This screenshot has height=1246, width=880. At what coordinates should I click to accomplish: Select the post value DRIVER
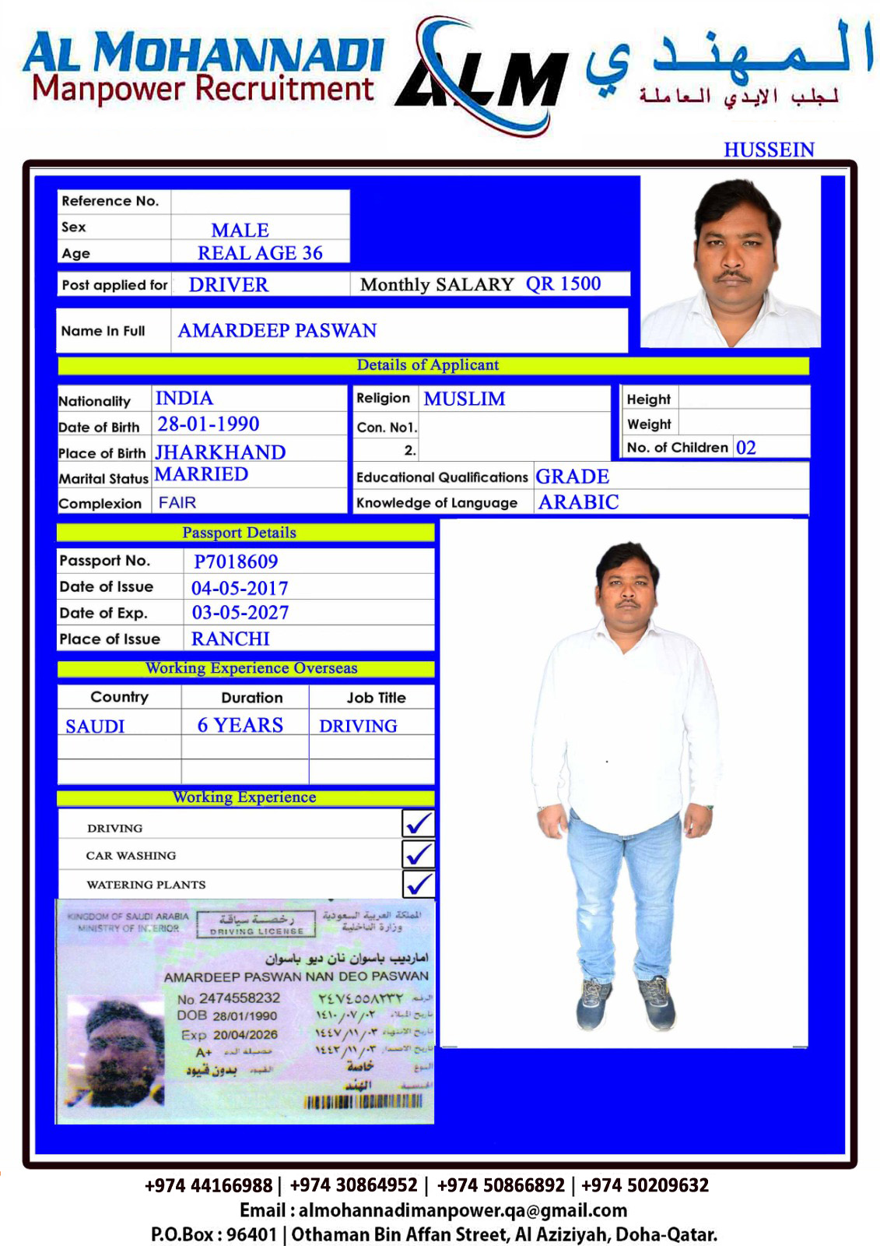(x=228, y=285)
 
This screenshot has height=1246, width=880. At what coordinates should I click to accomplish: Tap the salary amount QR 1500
(x=563, y=284)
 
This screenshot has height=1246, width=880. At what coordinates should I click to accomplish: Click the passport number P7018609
(x=236, y=561)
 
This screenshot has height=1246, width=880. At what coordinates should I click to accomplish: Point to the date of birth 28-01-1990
(x=209, y=424)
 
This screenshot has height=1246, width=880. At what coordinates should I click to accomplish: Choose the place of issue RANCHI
(x=230, y=639)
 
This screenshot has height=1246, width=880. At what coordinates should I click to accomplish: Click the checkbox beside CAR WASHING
(x=419, y=854)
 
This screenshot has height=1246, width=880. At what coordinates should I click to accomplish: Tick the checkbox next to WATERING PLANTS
(x=419, y=884)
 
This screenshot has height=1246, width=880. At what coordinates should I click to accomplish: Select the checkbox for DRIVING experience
(x=419, y=824)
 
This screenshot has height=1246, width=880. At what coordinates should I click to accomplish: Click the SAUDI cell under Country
(x=95, y=727)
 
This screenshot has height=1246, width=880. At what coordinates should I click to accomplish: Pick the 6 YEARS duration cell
(x=240, y=725)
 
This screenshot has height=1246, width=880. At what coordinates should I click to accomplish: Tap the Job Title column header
(x=376, y=698)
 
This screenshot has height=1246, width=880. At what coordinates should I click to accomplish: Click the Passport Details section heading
(x=239, y=533)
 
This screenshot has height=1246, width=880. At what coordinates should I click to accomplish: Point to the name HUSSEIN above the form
(x=769, y=150)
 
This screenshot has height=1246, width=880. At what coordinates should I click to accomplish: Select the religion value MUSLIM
(x=465, y=399)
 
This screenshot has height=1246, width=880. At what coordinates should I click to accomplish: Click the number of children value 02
(x=745, y=448)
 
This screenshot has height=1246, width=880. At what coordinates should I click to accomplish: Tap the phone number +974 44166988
(x=208, y=1185)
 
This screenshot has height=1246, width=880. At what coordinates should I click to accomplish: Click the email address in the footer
(x=462, y=1210)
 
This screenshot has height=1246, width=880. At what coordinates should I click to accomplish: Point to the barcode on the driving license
(x=363, y=1102)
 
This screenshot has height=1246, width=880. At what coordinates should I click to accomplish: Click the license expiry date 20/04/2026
(x=245, y=1035)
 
